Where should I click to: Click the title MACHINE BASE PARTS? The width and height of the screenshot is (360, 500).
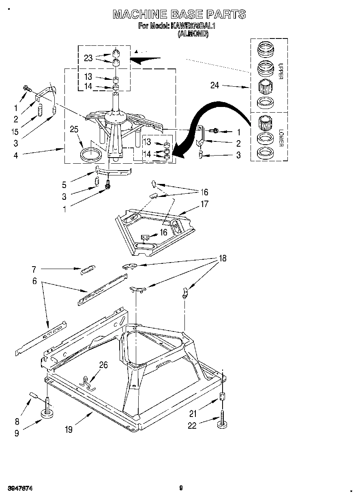click(x=179, y=15)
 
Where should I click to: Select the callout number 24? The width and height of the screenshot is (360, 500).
click(x=215, y=85)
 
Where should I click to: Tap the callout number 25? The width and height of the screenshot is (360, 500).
click(x=74, y=130)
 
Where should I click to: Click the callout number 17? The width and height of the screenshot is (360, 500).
click(x=204, y=204)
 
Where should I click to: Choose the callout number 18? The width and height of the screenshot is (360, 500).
click(x=222, y=258)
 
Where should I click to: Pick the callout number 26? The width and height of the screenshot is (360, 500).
click(x=103, y=365)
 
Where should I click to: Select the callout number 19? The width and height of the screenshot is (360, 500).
click(x=69, y=429)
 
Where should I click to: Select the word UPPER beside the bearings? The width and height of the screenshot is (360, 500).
click(x=281, y=71)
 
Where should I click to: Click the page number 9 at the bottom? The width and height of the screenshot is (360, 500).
click(x=181, y=488)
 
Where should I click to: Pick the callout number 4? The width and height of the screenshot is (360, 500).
click(x=15, y=155)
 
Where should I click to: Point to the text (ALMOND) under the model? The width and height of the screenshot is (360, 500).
click(x=193, y=34)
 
